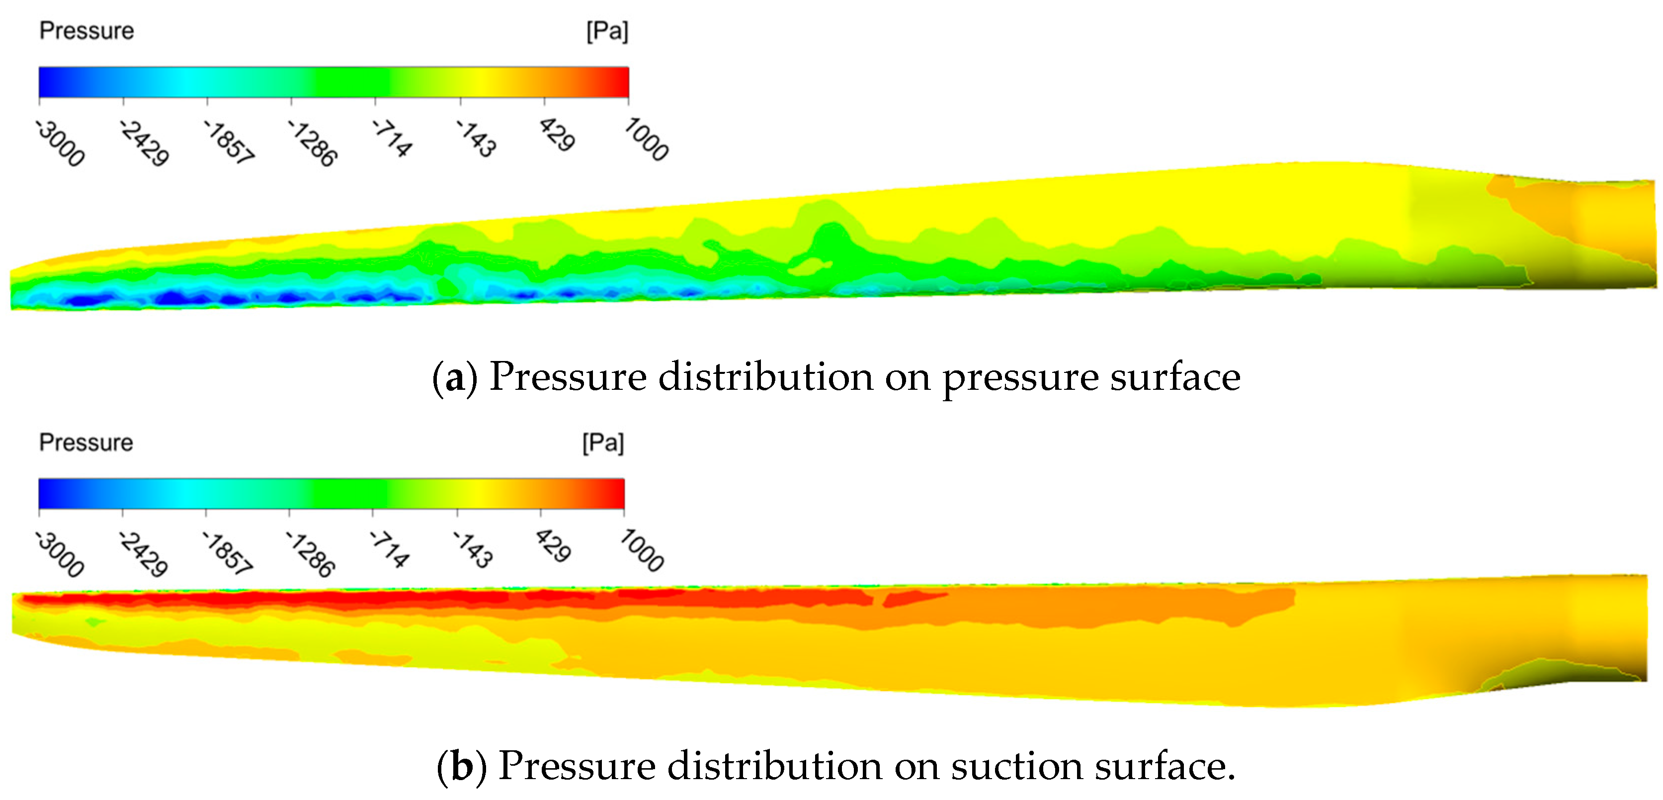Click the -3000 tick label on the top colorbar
coord(60,143)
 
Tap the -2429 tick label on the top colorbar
coord(144,143)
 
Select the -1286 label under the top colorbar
coord(313,143)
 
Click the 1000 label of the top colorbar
coord(646,139)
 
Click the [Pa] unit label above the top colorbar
coord(607,31)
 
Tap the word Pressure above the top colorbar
coord(86,31)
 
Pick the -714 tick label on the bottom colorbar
coord(389,549)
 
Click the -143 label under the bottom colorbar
coord(473,549)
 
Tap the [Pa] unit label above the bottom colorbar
coord(603,443)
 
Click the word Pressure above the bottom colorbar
coord(86,443)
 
